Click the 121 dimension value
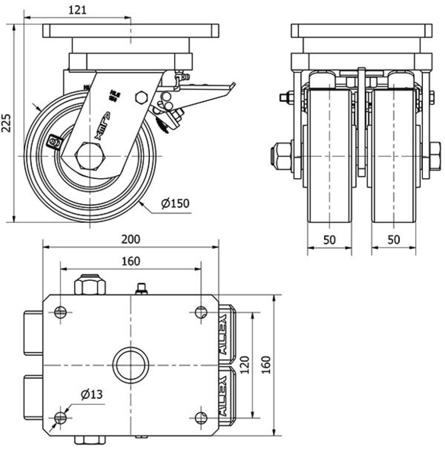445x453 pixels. (77, 9)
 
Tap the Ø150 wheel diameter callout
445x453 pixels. (175, 203)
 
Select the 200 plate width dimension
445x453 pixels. (130, 239)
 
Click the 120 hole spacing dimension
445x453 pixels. (244, 365)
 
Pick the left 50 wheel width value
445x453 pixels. (329, 240)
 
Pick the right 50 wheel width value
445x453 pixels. (393, 240)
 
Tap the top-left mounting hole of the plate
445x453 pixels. (61, 312)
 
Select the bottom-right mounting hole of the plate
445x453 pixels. (201, 418)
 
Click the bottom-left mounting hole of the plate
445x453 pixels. (61, 418)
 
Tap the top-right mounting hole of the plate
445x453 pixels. (201, 312)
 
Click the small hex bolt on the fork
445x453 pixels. (141, 97)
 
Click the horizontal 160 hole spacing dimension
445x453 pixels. (130, 261)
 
